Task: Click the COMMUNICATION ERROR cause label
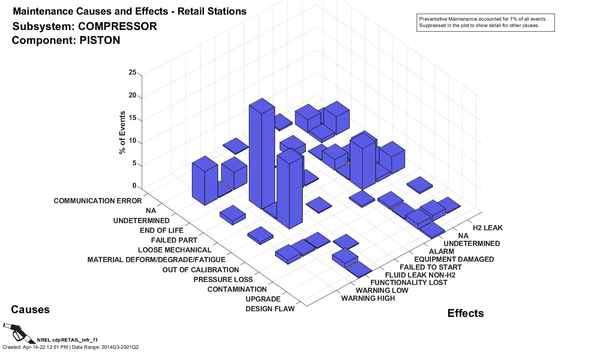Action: tap(97, 201)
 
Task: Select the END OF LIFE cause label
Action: tap(162, 231)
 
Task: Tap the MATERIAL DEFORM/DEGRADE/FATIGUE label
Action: tap(156, 260)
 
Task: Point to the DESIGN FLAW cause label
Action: tap(270, 309)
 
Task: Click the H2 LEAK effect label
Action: tap(487, 228)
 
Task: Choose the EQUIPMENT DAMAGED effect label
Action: tap(454, 259)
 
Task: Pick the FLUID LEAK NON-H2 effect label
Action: tap(420, 275)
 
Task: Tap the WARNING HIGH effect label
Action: tap(368, 298)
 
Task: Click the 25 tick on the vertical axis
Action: tap(132, 72)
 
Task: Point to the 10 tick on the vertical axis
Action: tap(132, 141)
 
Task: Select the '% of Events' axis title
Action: tap(122, 133)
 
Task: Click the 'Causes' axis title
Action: tap(30, 310)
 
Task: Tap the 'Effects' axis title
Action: tap(465, 313)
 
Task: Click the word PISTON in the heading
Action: tap(100, 40)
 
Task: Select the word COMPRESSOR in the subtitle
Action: tap(117, 27)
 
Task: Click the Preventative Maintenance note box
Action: tap(485, 22)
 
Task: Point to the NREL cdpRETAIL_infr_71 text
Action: tap(67, 340)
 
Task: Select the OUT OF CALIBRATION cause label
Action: tap(200, 270)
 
